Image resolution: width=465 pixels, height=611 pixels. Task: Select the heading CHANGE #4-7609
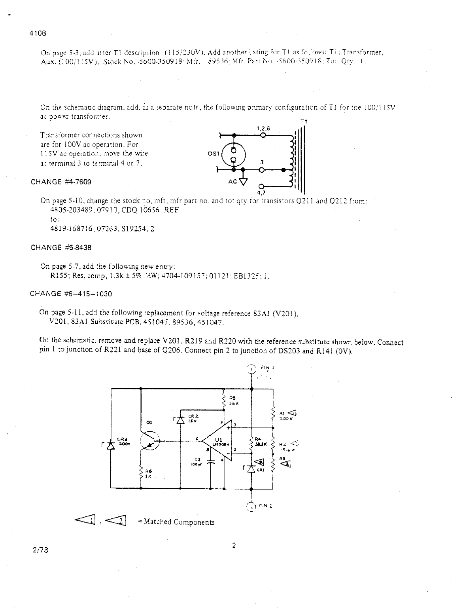click(61, 182)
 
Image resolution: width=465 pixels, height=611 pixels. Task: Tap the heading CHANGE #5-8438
click(61, 248)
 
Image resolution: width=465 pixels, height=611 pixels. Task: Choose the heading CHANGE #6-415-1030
click(71, 294)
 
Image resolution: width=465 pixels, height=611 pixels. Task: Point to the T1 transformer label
click(304, 121)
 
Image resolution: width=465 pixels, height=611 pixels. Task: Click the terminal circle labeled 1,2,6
click(263, 135)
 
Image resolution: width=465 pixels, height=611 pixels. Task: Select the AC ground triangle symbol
click(243, 181)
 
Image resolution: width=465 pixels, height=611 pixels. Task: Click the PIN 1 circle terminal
click(251, 369)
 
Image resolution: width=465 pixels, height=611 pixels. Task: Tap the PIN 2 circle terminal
click(251, 506)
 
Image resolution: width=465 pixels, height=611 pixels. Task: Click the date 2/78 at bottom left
click(40, 550)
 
